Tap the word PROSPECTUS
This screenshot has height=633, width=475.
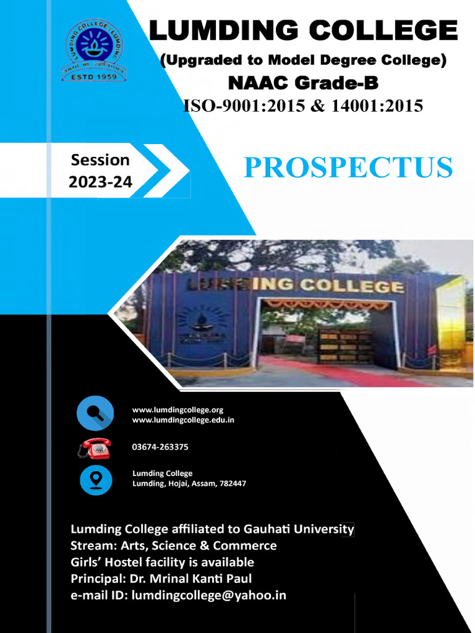(x=348, y=168)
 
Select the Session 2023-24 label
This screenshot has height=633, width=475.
(x=100, y=171)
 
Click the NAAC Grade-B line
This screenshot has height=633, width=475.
(x=303, y=83)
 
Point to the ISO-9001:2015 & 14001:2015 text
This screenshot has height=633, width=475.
(x=303, y=106)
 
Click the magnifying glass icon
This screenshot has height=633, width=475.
(x=95, y=414)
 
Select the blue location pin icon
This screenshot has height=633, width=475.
(x=96, y=480)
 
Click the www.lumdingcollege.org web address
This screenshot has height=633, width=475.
(x=178, y=410)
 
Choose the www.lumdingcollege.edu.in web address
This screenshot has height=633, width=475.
(x=183, y=420)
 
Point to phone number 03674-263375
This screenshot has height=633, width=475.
(x=160, y=447)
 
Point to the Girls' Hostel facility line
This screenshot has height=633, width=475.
(x=162, y=563)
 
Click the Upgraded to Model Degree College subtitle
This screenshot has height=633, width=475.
(x=303, y=61)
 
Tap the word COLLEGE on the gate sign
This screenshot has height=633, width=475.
(x=361, y=286)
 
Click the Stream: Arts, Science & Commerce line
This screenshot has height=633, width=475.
(x=173, y=546)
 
